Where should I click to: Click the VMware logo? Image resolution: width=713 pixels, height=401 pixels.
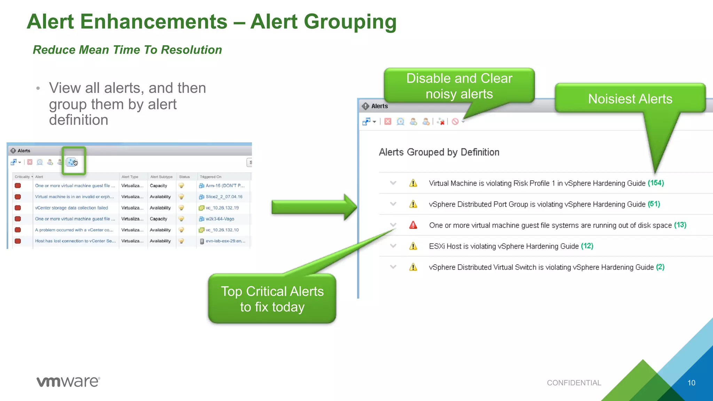pyautogui.click(x=68, y=382)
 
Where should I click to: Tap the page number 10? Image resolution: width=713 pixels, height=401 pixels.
pyautogui.click(x=691, y=383)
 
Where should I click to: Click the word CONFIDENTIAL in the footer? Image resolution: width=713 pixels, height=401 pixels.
pyautogui.click(x=574, y=383)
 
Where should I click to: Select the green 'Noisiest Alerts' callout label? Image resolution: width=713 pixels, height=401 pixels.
pyautogui.click(x=630, y=99)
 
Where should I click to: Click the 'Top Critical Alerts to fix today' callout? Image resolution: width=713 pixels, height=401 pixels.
pyautogui.click(x=272, y=299)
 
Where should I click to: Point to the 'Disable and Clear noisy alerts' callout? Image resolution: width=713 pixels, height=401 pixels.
pyautogui.click(x=459, y=86)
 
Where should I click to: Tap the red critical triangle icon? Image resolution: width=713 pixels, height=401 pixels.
pyautogui.click(x=413, y=225)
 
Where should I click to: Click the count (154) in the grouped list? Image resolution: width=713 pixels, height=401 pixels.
pyautogui.click(x=656, y=183)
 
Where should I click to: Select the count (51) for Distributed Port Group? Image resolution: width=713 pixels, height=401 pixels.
pyautogui.click(x=654, y=204)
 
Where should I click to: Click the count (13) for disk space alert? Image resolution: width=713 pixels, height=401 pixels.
pyautogui.click(x=680, y=225)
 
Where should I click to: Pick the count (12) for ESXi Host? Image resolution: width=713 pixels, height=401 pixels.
pyautogui.click(x=587, y=246)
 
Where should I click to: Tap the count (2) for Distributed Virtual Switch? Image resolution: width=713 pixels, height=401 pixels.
pyautogui.click(x=660, y=267)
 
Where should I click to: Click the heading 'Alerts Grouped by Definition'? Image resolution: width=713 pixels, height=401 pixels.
pyautogui.click(x=439, y=152)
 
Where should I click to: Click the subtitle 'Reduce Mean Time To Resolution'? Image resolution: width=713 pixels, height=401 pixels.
pyautogui.click(x=127, y=50)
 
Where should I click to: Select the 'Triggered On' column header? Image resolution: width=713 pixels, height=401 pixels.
pyautogui.click(x=211, y=177)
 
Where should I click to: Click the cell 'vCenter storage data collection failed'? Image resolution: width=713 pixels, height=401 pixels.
pyautogui.click(x=71, y=208)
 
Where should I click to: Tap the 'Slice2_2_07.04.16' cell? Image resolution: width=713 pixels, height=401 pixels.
pyautogui.click(x=224, y=197)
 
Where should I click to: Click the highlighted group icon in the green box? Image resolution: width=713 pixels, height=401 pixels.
pyautogui.click(x=72, y=162)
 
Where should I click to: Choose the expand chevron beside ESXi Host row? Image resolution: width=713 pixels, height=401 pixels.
pyautogui.click(x=393, y=246)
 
